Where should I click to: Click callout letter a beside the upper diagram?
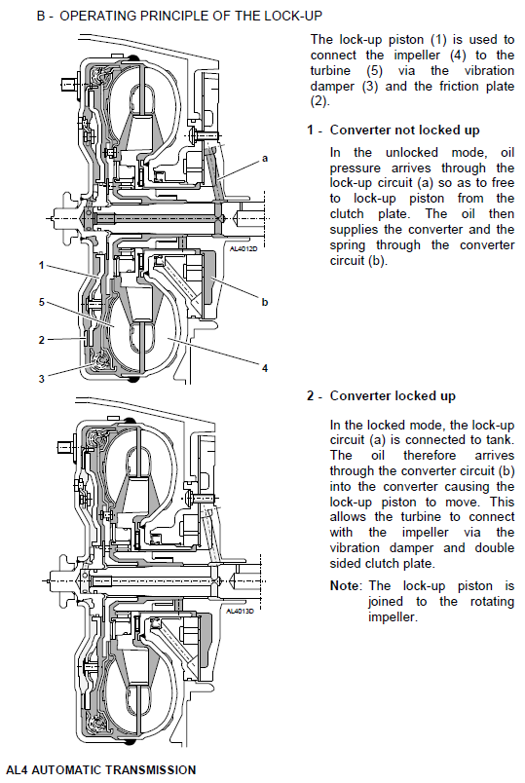265,159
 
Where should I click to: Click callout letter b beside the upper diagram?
265,302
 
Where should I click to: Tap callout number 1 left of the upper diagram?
42,265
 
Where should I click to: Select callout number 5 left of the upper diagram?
42,302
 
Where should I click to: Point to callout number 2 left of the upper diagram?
42,340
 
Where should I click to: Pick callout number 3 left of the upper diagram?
42,379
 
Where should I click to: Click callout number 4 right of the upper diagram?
265,368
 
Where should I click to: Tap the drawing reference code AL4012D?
244,248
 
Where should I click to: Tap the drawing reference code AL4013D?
240,611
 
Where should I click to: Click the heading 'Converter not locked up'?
404,130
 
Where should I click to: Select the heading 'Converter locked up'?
393,396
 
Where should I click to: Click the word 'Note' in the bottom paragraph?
344,585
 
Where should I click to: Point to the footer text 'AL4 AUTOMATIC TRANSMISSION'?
101,770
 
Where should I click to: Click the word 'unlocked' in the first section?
412,152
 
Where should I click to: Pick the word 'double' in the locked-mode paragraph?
495,547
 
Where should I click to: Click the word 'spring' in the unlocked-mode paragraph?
348,245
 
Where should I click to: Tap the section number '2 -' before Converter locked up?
315,396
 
